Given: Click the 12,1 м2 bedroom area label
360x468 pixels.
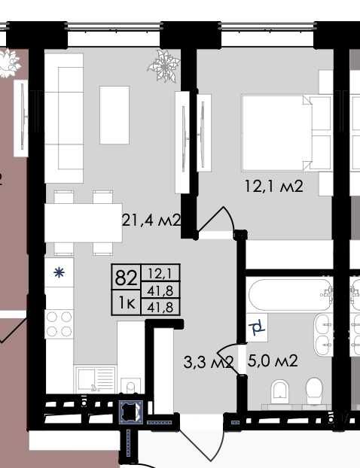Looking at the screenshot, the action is [x=274, y=187].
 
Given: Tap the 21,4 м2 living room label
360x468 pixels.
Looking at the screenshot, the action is [x=151, y=220].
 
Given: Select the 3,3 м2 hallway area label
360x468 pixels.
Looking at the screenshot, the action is [x=208, y=362].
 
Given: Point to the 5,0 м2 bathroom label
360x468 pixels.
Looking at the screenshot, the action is [x=273, y=360].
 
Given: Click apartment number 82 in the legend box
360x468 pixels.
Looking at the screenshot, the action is [x=126, y=278].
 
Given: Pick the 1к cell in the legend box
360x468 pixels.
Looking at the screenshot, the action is [x=127, y=303].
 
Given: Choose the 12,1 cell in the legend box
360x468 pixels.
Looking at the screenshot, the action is [x=160, y=273].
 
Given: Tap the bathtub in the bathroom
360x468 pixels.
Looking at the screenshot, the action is [x=290, y=295].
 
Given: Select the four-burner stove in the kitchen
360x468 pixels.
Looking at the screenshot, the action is [x=59, y=324].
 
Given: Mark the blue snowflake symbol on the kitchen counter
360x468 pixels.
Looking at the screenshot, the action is [x=59, y=272].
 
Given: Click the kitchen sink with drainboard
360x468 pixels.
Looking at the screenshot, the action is [x=96, y=379].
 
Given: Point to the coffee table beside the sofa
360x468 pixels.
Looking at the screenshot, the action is [x=114, y=115].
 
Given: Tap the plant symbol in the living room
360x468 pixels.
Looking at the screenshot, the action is [x=163, y=65].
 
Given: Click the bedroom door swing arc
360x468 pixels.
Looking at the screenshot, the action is [x=221, y=215].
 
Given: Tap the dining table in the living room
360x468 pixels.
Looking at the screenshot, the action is [x=84, y=223].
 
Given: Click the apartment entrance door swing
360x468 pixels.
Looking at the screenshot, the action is [x=201, y=439].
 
